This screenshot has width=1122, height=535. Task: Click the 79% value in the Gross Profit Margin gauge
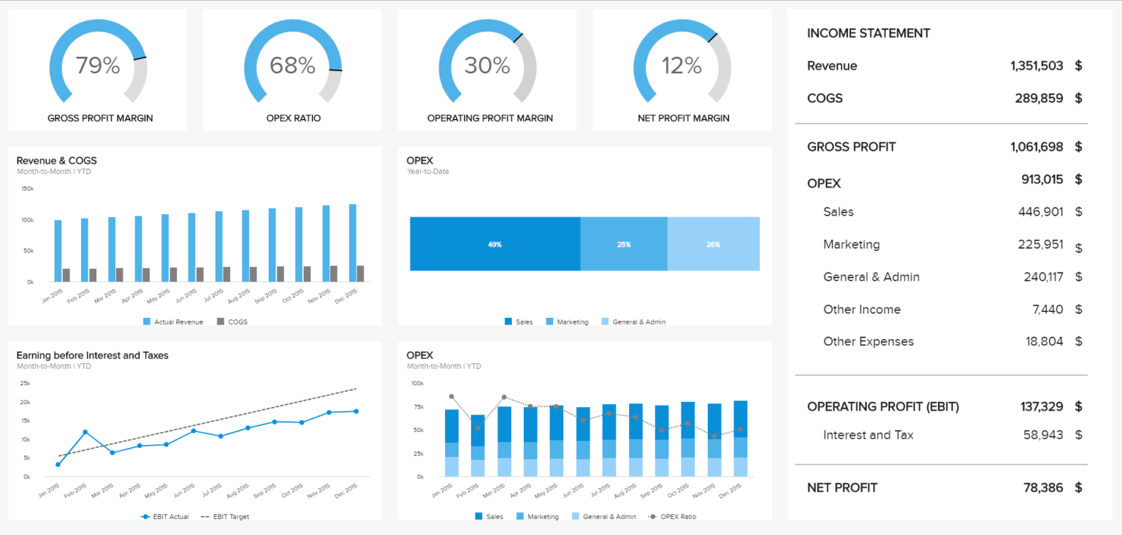[x=98, y=66]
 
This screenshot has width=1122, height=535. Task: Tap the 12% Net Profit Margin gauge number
[x=682, y=66]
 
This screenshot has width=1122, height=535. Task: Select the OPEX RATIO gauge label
[x=292, y=118]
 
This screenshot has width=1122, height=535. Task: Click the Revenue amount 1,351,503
[x=1037, y=66]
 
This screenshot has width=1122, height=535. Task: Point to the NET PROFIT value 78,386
[x=1043, y=487]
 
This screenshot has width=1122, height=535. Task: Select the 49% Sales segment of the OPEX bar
[x=495, y=244]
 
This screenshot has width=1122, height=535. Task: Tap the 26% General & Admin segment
[x=713, y=244]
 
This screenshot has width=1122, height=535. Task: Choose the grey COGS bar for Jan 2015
[x=66, y=275]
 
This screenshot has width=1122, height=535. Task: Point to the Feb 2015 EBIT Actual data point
[x=85, y=432]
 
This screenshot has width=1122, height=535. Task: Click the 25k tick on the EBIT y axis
[x=25, y=383]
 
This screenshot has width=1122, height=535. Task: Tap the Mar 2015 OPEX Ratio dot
[x=504, y=397]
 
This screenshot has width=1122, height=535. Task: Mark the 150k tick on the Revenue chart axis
[x=27, y=189]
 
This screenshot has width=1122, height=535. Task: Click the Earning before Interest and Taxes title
[x=92, y=355]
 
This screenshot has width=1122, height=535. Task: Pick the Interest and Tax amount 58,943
[x=1043, y=435]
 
